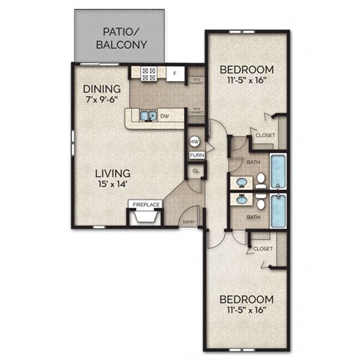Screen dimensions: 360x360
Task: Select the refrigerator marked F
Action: (174, 73)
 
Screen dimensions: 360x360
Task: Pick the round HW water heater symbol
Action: (194, 140)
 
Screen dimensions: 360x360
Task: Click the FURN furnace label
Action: (196, 155)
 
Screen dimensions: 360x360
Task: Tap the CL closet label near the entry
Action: (196, 171)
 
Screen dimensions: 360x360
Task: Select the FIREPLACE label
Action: (146, 203)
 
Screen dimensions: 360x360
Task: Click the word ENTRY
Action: (189, 221)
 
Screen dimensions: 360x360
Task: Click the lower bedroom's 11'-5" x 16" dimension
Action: (247, 309)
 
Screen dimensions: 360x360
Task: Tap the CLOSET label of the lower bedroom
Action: (262, 248)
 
